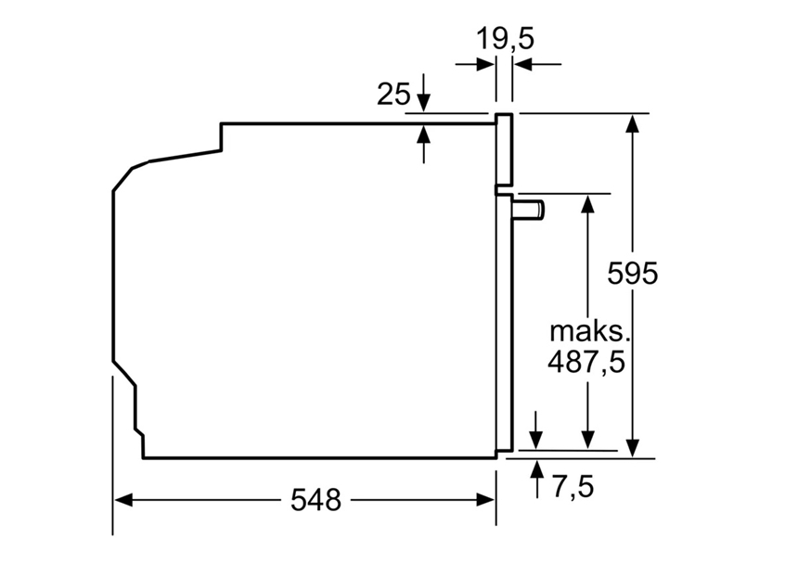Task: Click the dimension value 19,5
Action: pyautogui.click(x=506, y=38)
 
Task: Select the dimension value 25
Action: pyautogui.click(x=393, y=94)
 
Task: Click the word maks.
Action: pyautogui.click(x=586, y=331)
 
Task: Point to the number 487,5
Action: pyautogui.click(x=586, y=361)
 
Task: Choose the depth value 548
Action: pyautogui.click(x=315, y=500)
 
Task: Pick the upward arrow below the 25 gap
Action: pyautogui.click(x=424, y=135)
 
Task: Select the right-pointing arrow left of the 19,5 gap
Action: pyautogui.click(x=483, y=64)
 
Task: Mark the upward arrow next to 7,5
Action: pyautogui.click(x=536, y=468)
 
